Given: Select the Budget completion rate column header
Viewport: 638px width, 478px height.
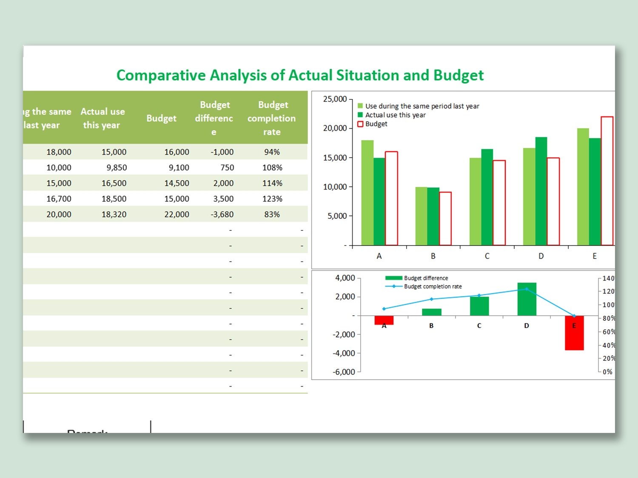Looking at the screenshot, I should pos(272,118).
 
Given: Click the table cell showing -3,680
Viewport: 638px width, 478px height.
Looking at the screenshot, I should pos(222,215).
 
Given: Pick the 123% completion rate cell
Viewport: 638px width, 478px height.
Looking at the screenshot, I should pos(272,199).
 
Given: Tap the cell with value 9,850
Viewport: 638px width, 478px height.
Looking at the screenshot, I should pos(117,168).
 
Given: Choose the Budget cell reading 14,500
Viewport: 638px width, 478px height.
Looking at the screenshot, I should pos(177,183).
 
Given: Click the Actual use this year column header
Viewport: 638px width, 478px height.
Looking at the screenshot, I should pos(103,118).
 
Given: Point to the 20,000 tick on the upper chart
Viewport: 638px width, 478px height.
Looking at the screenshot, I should pos(335,128).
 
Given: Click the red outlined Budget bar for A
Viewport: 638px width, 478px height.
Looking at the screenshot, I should pos(391,198).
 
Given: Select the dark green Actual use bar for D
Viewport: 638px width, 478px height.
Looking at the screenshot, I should pos(541,191).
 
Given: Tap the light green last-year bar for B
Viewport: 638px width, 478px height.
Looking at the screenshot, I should pos(421,216).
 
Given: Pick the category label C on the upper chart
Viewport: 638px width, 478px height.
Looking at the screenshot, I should pos(487,256).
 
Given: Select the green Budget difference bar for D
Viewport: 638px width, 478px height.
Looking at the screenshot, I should pos(527,299).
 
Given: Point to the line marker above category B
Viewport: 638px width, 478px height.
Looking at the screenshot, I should pos(431,299).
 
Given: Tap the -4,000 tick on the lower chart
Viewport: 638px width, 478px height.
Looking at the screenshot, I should pos(344,354).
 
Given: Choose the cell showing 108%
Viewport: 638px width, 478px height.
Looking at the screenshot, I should pos(272,168).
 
